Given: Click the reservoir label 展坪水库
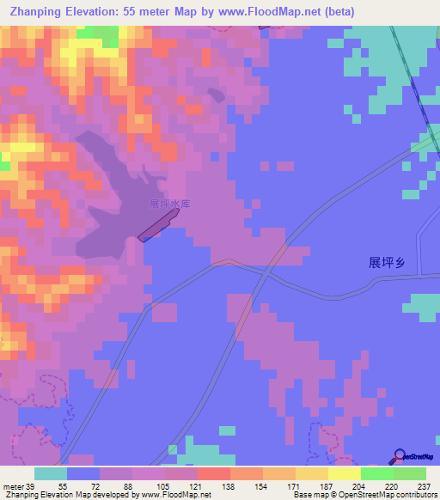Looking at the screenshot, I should pos(169,204).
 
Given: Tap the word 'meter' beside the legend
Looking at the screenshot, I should pos(13,486).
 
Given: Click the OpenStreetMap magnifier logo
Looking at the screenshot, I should pos(400,456).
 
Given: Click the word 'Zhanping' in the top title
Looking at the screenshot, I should pos(32,10).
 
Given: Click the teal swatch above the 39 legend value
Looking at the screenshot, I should pos(51,473).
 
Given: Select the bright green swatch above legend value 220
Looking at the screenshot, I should pos(377,473).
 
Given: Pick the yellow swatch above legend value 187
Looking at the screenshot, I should pos(312,473).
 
